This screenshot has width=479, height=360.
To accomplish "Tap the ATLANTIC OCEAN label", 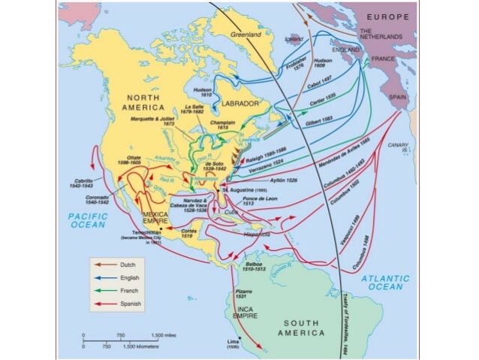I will point(385,283).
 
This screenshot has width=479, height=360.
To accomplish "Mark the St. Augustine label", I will point(244,191).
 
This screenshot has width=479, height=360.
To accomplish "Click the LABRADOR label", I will point(240,103).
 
